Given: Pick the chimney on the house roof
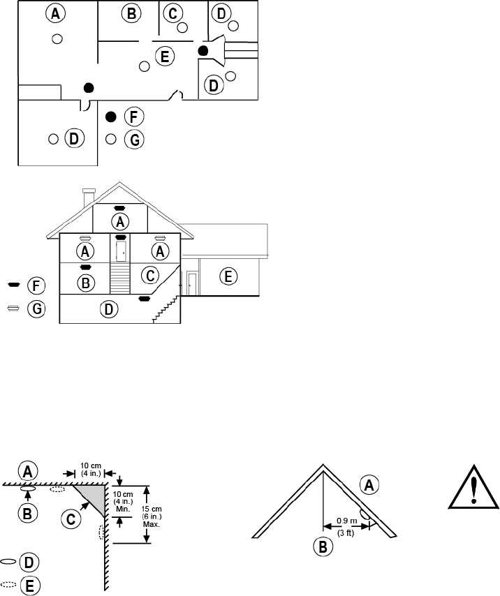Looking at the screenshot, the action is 88,198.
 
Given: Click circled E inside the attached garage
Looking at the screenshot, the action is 228,276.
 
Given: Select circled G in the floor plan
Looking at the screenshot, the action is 134,140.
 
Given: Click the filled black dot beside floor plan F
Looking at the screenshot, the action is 110,116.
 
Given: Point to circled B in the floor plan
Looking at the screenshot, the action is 130,13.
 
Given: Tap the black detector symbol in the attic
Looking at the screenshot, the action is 119,207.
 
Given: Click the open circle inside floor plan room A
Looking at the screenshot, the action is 58,38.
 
